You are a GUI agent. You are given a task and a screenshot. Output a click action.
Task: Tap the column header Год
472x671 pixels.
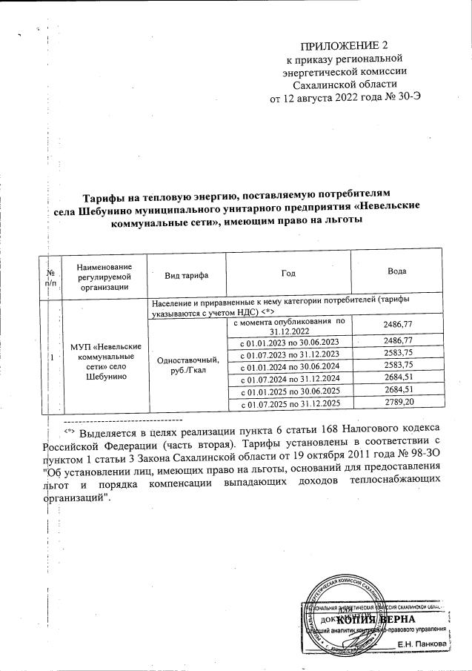[x=287, y=274]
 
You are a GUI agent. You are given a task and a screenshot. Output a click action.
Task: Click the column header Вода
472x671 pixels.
[x=396, y=273]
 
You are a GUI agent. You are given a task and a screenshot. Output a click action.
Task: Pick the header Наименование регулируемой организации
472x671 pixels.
[x=103, y=274]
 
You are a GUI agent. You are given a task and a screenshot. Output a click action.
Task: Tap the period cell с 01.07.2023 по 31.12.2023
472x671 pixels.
[x=287, y=353]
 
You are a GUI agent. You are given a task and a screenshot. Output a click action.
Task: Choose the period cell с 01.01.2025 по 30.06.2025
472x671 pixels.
[x=287, y=390]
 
